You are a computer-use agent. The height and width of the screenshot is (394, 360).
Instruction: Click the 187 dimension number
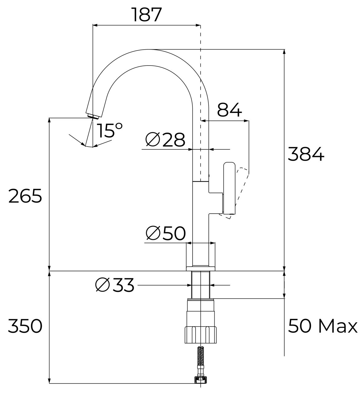click(x=147, y=15)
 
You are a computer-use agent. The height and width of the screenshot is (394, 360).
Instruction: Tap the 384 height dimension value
click(x=306, y=154)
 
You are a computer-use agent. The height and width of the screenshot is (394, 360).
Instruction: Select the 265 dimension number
click(x=25, y=196)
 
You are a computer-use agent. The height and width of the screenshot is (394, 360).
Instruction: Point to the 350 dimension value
click(x=25, y=326)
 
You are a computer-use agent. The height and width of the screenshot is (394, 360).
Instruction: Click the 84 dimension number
click(x=229, y=110)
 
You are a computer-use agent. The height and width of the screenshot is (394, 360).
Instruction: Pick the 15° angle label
click(x=109, y=130)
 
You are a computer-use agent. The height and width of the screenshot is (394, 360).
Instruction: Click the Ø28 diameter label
click(x=165, y=140)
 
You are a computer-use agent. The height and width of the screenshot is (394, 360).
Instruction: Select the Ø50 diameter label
click(x=166, y=233)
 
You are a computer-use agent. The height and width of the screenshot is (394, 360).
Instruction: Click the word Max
click(x=338, y=326)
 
